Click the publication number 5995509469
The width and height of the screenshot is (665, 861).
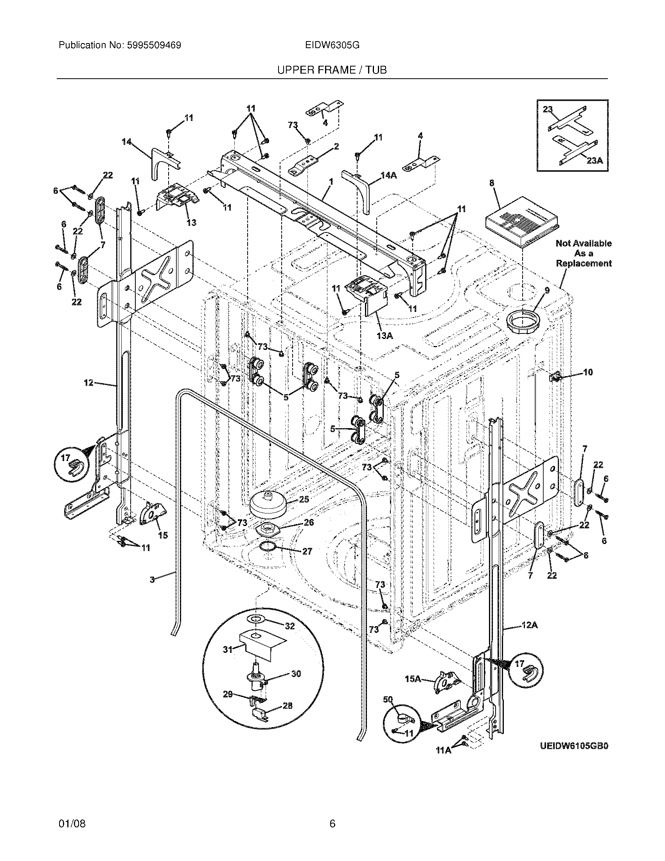[154, 45]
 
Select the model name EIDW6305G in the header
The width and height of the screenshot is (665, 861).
[332, 45]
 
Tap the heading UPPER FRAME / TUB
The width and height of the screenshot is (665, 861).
[332, 70]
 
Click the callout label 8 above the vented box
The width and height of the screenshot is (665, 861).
[492, 183]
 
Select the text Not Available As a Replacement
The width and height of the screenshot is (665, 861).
[584, 253]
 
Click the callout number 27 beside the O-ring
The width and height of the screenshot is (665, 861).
[307, 551]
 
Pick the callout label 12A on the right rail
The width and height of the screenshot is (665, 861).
[530, 625]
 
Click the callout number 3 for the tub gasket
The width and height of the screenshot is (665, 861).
[152, 579]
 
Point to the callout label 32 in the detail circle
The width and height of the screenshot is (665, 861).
[289, 626]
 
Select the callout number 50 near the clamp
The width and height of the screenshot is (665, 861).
[388, 699]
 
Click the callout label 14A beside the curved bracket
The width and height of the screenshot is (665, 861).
[388, 175]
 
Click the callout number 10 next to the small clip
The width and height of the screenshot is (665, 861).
[588, 372]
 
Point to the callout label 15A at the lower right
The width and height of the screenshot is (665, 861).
[413, 679]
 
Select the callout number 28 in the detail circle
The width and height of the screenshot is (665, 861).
[288, 706]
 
